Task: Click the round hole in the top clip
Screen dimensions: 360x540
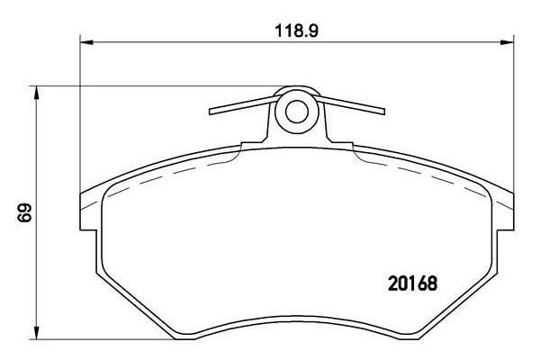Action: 295,112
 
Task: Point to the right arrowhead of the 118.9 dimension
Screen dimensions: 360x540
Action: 507,41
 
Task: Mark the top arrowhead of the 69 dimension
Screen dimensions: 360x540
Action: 37,91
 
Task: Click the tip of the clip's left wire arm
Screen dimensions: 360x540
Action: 211,112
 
